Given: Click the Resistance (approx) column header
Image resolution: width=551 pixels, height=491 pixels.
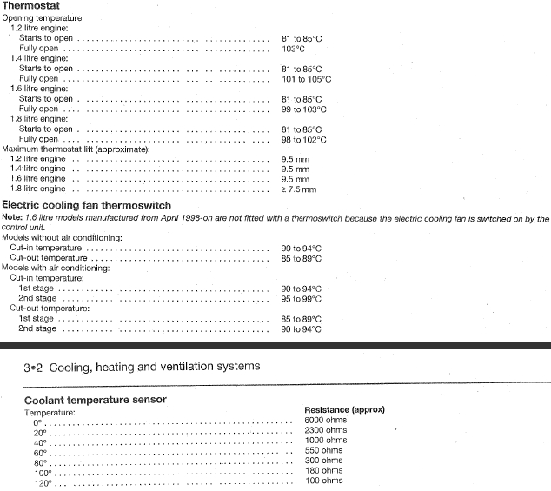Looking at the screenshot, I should [x=344, y=409].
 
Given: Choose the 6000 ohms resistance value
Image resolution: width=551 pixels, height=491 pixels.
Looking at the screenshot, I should [x=325, y=420].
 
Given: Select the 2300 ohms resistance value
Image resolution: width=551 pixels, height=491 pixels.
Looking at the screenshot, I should [x=325, y=430].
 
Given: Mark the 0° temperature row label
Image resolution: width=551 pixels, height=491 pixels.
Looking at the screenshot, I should [x=38, y=421].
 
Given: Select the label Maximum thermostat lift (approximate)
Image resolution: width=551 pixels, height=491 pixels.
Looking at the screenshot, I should [x=76, y=149].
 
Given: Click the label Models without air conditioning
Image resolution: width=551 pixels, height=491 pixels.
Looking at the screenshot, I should [x=62, y=237].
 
